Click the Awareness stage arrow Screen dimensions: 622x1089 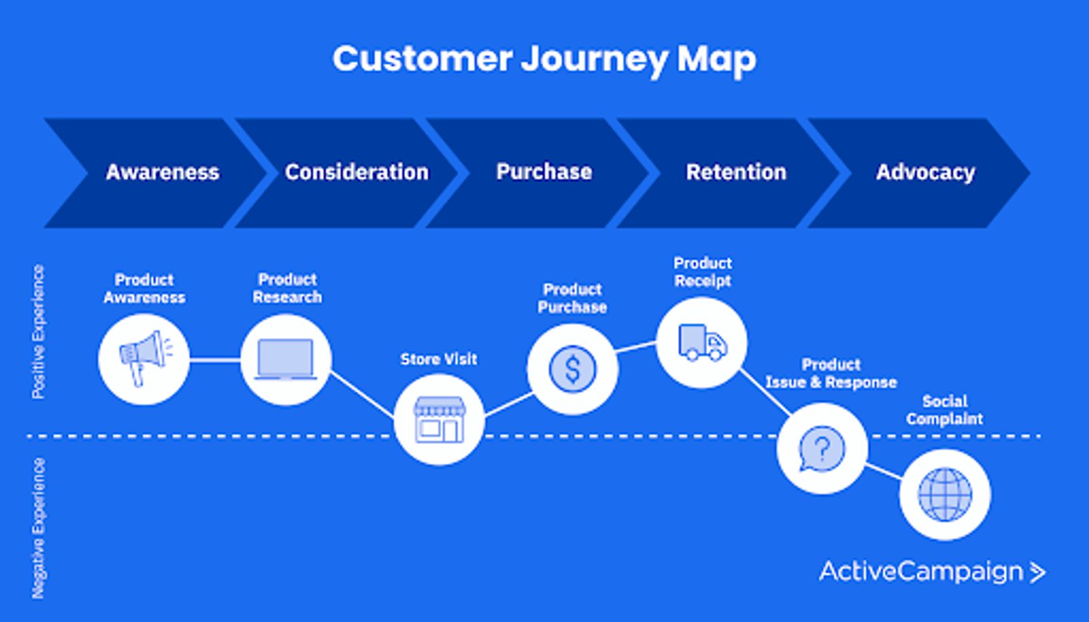coord(161,172)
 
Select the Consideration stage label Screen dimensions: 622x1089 coord(357,172)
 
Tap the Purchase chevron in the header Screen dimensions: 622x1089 coord(544,172)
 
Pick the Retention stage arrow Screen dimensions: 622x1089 coord(736,172)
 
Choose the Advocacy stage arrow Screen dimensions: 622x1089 coord(925,172)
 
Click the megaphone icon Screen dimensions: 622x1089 coord(144,359)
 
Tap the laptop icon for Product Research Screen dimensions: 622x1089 coord(286,359)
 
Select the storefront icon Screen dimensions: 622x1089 coord(439,420)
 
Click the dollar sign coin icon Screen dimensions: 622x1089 coord(572,369)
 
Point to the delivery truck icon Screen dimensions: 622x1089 coord(702,343)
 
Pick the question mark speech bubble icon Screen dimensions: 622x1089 coord(822,449)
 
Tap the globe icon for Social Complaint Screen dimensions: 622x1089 coord(945,495)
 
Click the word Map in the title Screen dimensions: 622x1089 coord(716,59)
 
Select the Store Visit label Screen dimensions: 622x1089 coord(438,359)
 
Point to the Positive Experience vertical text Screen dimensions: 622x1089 coord(39,332)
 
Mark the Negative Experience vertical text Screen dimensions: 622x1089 coord(39,528)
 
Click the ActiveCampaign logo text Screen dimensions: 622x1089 coord(920,571)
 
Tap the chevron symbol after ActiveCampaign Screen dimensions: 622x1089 coord(1037,572)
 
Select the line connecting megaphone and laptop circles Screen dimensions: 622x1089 coord(214,360)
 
